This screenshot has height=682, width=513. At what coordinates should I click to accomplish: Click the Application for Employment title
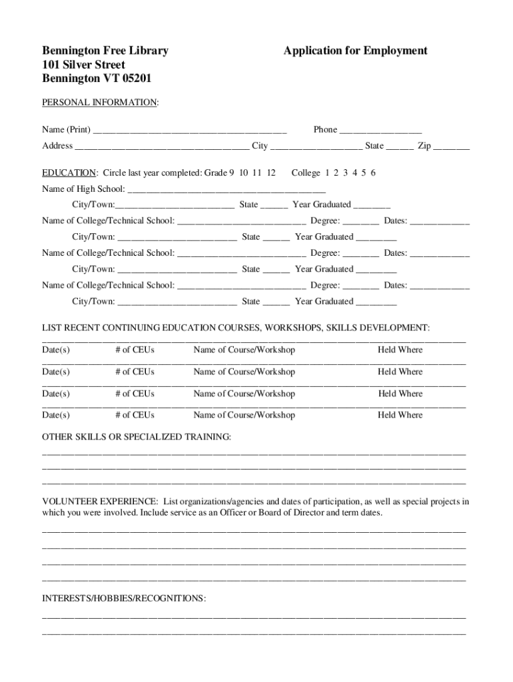[x=355, y=51]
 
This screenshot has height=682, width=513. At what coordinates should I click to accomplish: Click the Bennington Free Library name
[x=105, y=51]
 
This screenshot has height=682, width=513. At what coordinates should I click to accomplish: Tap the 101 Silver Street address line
[x=84, y=65]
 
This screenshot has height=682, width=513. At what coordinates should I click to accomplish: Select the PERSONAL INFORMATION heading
[x=100, y=103]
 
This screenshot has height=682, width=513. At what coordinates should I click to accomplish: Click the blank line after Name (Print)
[x=190, y=131]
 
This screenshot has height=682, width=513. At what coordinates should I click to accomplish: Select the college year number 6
[x=373, y=173]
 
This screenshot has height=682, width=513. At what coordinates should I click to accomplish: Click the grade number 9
[x=231, y=173]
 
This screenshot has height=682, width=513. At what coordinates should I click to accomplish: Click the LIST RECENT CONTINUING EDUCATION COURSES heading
[x=236, y=328]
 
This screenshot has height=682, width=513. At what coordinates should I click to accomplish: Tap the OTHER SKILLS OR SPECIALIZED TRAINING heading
[x=137, y=437]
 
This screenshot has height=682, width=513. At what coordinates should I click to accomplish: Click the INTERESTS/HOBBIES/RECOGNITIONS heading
[x=124, y=599]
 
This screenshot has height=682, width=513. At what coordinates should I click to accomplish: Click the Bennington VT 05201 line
[x=97, y=79]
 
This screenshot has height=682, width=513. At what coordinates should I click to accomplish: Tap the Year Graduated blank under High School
[x=372, y=206]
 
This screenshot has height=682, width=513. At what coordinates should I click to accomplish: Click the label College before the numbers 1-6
[x=306, y=173]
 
